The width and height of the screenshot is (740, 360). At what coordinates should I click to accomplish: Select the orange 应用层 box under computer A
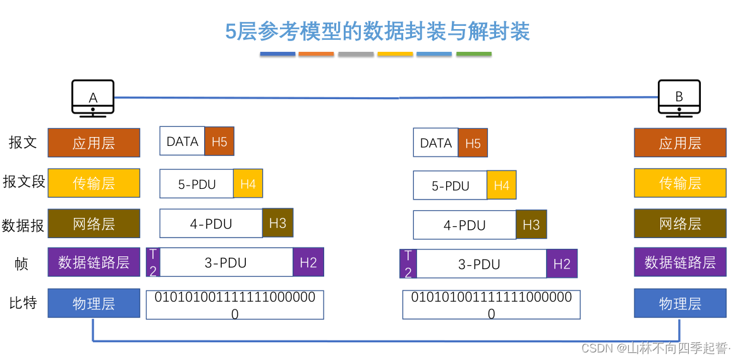[x=94, y=143]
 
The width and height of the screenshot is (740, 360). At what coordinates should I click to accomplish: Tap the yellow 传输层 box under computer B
[x=680, y=183]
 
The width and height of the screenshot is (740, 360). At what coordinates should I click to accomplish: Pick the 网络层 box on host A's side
[x=94, y=224]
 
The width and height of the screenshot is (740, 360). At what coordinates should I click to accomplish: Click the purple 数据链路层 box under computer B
[x=680, y=262]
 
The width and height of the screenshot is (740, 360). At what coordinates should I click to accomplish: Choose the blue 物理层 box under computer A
[x=94, y=303]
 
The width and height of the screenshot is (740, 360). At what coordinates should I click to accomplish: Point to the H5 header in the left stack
[x=219, y=141]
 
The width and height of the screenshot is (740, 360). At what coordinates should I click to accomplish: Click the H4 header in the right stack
[x=501, y=186]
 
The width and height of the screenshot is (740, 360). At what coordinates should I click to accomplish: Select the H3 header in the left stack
[x=277, y=223]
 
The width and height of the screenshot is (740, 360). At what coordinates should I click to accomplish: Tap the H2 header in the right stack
[x=562, y=264]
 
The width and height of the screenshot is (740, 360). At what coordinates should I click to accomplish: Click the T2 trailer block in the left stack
[x=153, y=262]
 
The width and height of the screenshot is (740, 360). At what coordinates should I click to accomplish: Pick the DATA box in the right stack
[x=435, y=143]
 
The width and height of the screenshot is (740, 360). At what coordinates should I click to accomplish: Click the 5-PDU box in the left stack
[x=197, y=184]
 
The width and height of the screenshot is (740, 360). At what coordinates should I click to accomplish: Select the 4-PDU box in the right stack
[x=464, y=225]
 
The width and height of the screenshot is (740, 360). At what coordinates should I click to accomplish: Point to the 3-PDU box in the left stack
[x=226, y=263]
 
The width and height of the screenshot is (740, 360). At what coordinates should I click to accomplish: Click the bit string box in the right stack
[x=491, y=304]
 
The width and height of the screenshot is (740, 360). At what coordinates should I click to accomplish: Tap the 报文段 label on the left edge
[x=24, y=182]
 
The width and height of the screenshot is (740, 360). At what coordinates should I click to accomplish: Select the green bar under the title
[x=473, y=54]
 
